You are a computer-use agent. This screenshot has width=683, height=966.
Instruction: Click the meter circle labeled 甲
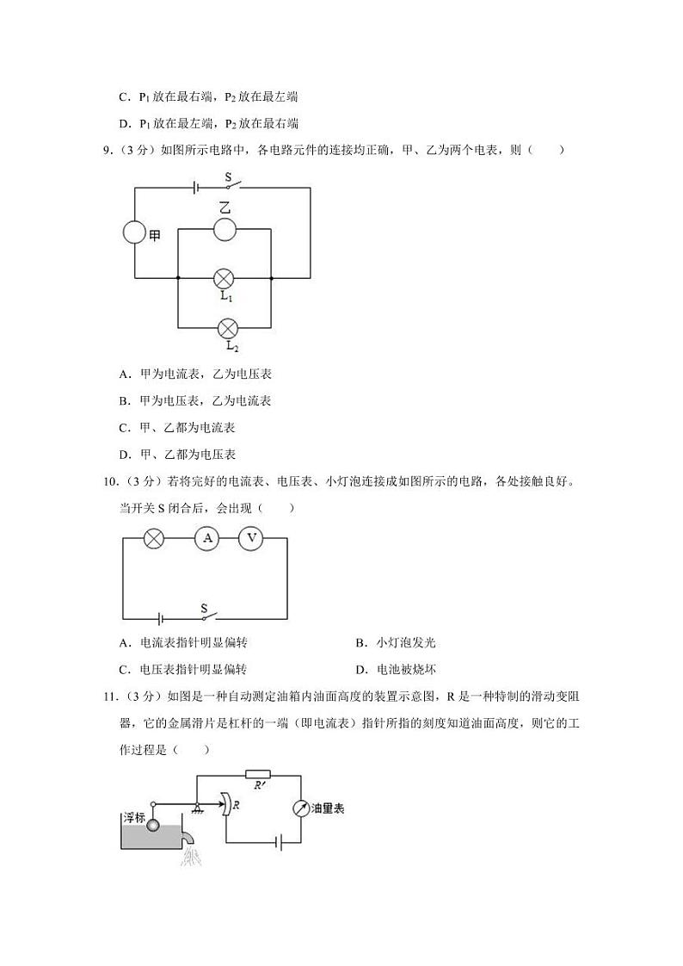[134, 233]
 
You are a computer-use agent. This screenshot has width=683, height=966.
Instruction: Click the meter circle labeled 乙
[225, 229]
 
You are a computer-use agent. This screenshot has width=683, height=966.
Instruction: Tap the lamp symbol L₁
[225, 278]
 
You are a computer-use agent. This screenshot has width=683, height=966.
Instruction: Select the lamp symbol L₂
[228, 328]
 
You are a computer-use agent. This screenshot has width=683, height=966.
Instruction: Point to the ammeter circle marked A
[206, 538]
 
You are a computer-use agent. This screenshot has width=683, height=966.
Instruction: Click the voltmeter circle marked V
[250, 538]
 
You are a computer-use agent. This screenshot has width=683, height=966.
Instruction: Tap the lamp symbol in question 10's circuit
[154, 538]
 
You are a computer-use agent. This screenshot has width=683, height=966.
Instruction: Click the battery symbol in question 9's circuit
[197, 186]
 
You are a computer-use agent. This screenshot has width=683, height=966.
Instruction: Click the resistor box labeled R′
[257, 774]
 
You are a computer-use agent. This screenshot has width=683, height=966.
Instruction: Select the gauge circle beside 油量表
[299, 809]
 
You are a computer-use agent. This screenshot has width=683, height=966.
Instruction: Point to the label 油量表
[328, 809]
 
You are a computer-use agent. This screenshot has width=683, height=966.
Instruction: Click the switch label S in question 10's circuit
[204, 608]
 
